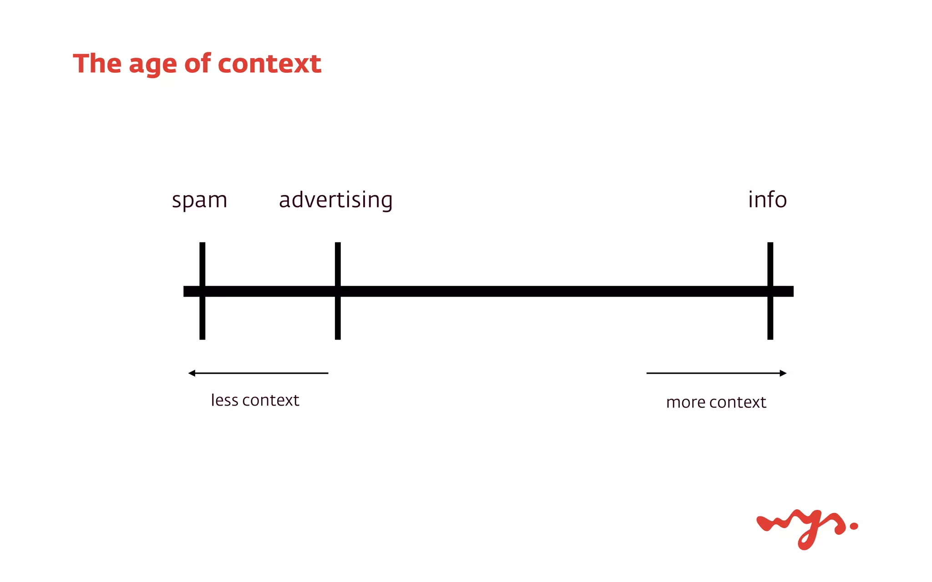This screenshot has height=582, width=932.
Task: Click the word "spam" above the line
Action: (199, 201)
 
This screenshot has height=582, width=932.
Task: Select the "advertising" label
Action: (335, 201)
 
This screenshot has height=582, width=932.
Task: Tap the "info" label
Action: (767, 200)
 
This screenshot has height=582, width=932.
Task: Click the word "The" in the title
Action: (97, 63)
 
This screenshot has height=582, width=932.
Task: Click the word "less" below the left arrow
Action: (224, 400)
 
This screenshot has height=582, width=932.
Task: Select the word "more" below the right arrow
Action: (685, 402)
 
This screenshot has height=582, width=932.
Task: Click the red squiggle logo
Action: (801, 527)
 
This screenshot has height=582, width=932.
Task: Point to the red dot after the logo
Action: (854, 526)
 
